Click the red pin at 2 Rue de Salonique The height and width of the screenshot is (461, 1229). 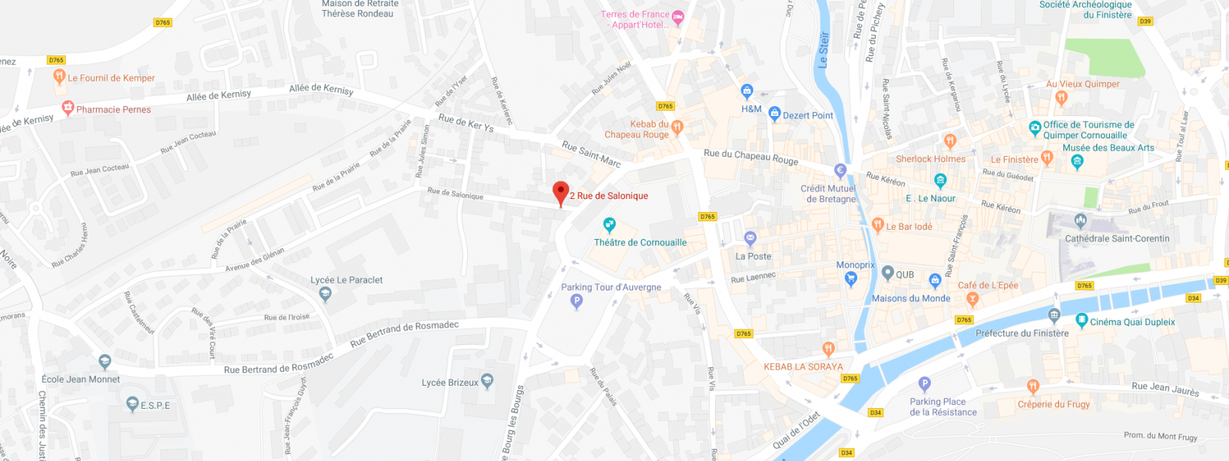pyautogui.click(x=561, y=192)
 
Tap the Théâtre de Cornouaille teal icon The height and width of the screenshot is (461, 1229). pyautogui.click(x=609, y=225)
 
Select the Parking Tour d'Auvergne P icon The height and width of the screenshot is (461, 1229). pyautogui.click(x=577, y=301)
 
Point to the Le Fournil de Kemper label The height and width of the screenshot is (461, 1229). pyautogui.click(x=111, y=78)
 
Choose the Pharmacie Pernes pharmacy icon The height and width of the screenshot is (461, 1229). pyautogui.click(x=68, y=108)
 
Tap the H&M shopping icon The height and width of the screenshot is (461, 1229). pyautogui.click(x=747, y=91)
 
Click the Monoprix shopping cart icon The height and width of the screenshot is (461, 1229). pyautogui.click(x=850, y=279)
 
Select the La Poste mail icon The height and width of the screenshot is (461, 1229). pyautogui.click(x=750, y=238)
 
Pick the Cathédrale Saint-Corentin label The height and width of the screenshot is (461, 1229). pyautogui.click(x=1117, y=238)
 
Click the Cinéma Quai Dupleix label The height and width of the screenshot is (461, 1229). pyautogui.click(x=1132, y=322)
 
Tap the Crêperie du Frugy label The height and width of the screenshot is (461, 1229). pyautogui.click(x=1053, y=404)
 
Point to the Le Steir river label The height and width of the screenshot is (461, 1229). pyautogui.click(x=823, y=49)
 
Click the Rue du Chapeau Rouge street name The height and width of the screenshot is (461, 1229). pyautogui.click(x=750, y=157)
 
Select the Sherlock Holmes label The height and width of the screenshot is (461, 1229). pyautogui.click(x=930, y=159)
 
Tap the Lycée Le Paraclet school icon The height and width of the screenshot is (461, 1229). pyautogui.click(x=325, y=294)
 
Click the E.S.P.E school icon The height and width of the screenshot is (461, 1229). pyautogui.click(x=133, y=404)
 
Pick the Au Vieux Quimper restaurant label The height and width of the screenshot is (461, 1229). pyautogui.click(x=1082, y=84)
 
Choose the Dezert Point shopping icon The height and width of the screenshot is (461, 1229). pyautogui.click(x=774, y=114)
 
